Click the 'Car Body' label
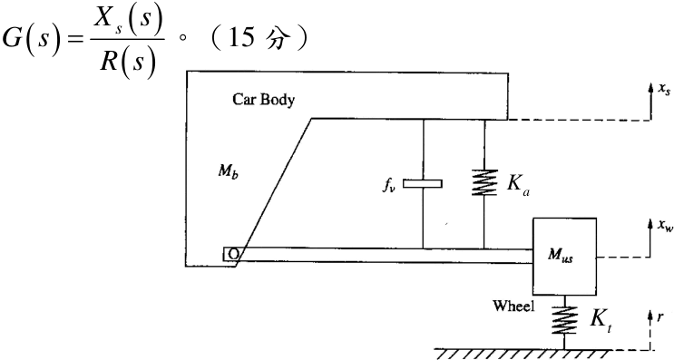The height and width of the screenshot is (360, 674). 263,100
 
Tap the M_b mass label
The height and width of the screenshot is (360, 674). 228,171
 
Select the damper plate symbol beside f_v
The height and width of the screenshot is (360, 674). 423,184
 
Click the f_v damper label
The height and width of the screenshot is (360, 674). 389,185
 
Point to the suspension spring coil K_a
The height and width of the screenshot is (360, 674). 484,182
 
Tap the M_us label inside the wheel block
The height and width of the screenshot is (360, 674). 561,256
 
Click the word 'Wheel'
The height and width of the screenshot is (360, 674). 513,306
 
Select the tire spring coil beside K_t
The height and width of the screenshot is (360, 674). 564,320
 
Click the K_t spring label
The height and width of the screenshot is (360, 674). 601,320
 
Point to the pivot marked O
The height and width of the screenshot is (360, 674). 232,254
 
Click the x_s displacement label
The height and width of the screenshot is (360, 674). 664,89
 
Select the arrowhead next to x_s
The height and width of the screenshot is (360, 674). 651,87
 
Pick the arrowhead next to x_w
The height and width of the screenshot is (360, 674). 650,224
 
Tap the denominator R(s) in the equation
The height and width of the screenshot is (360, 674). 127,62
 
